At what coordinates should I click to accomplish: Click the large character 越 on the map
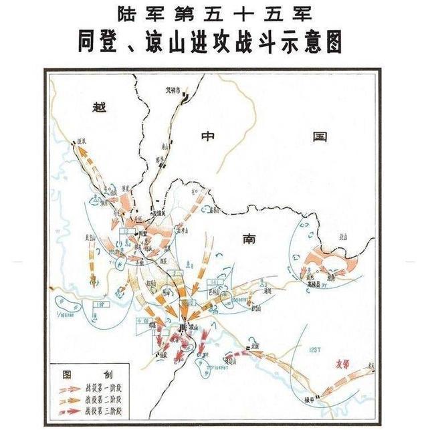[x=100, y=107]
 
